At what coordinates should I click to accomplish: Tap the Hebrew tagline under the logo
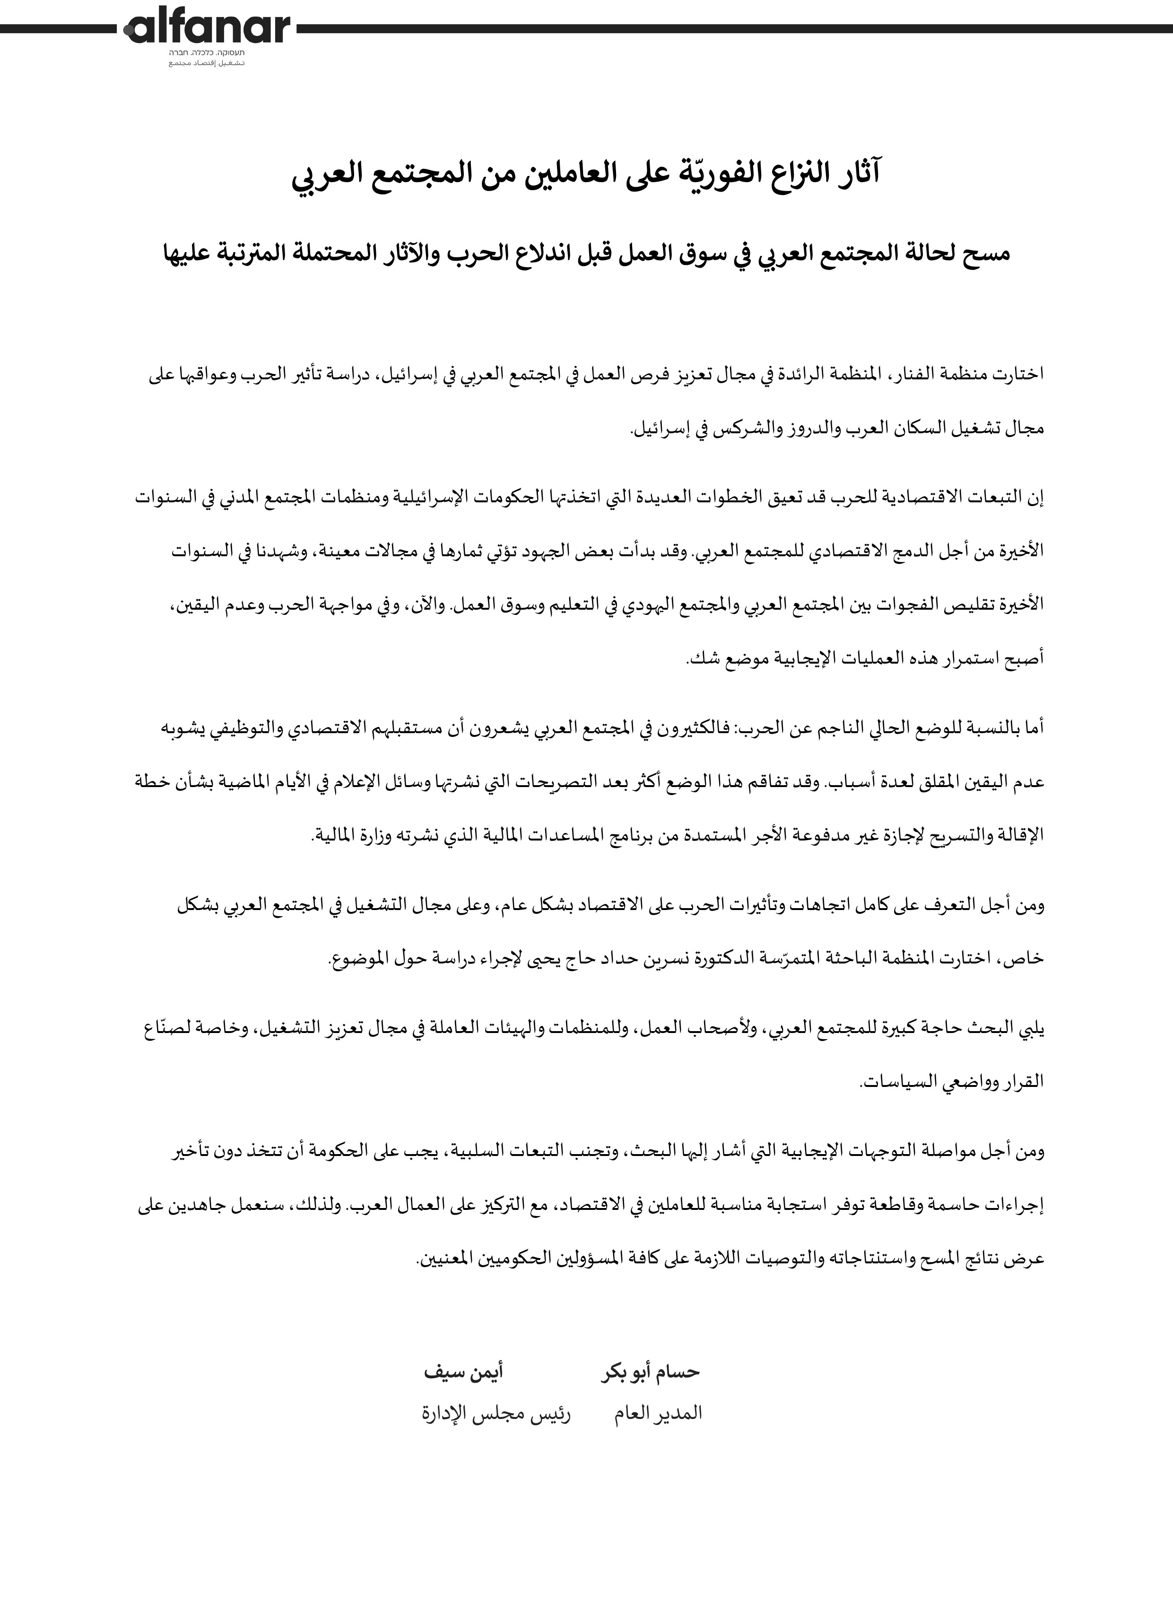(207, 54)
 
